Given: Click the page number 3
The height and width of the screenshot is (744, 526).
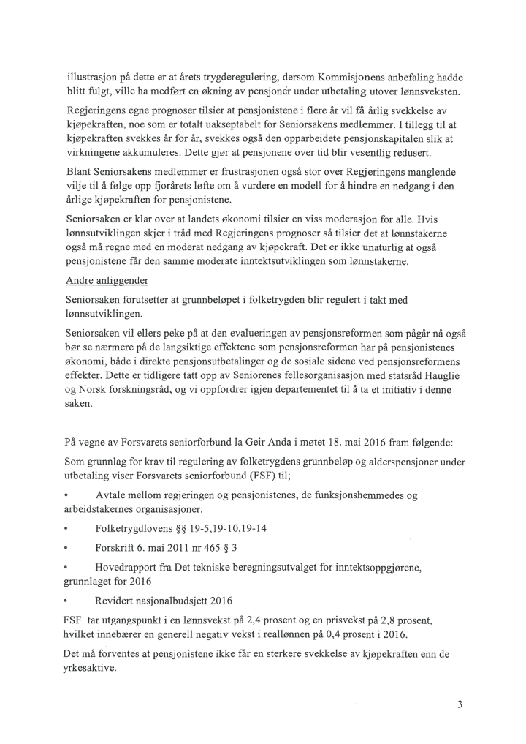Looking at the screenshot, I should tap(460, 705).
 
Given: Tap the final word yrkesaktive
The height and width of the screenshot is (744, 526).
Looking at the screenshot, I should tap(91, 668).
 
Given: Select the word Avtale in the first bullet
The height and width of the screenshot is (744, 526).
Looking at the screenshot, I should tap(111, 496).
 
